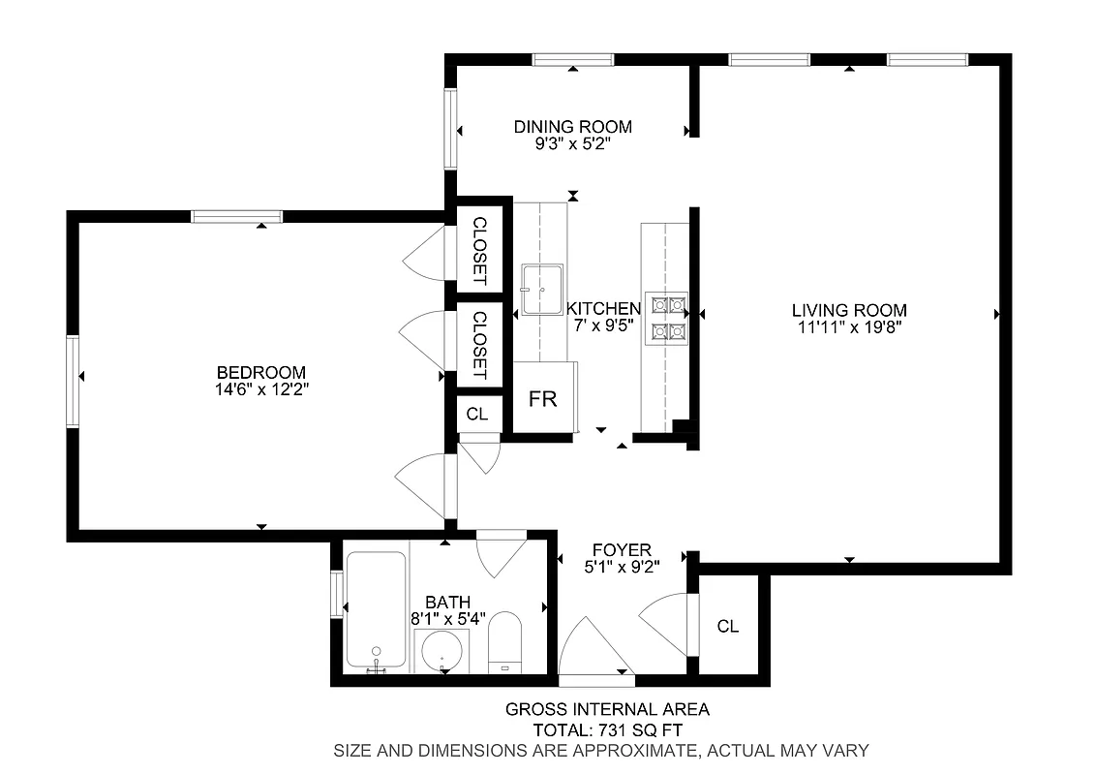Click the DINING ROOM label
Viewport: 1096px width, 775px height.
(x=572, y=127)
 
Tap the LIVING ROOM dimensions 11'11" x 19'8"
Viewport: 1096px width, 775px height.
(x=849, y=327)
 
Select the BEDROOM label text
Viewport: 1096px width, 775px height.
(x=261, y=372)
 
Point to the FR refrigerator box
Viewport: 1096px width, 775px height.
(x=543, y=398)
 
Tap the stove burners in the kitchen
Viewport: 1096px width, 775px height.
(x=668, y=319)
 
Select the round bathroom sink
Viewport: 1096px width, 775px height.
(x=441, y=651)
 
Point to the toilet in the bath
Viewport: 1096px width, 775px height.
(x=504, y=643)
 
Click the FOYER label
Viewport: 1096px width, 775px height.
(x=622, y=550)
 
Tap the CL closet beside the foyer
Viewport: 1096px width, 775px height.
(x=728, y=627)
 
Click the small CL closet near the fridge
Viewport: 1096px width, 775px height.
(x=477, y=414)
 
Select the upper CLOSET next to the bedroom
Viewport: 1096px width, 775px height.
(x=478, y=250)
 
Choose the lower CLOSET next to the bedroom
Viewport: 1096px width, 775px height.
(x=478, y=345)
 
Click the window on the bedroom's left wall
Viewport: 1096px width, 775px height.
(x=73, y=380)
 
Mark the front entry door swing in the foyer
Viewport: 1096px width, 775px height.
(x=593, y=648)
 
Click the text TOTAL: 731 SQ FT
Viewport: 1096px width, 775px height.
(x=607, y=729)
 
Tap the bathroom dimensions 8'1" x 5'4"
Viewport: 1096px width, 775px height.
(x=446, y=619)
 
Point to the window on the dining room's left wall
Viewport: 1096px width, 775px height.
(x=450, y=128)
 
